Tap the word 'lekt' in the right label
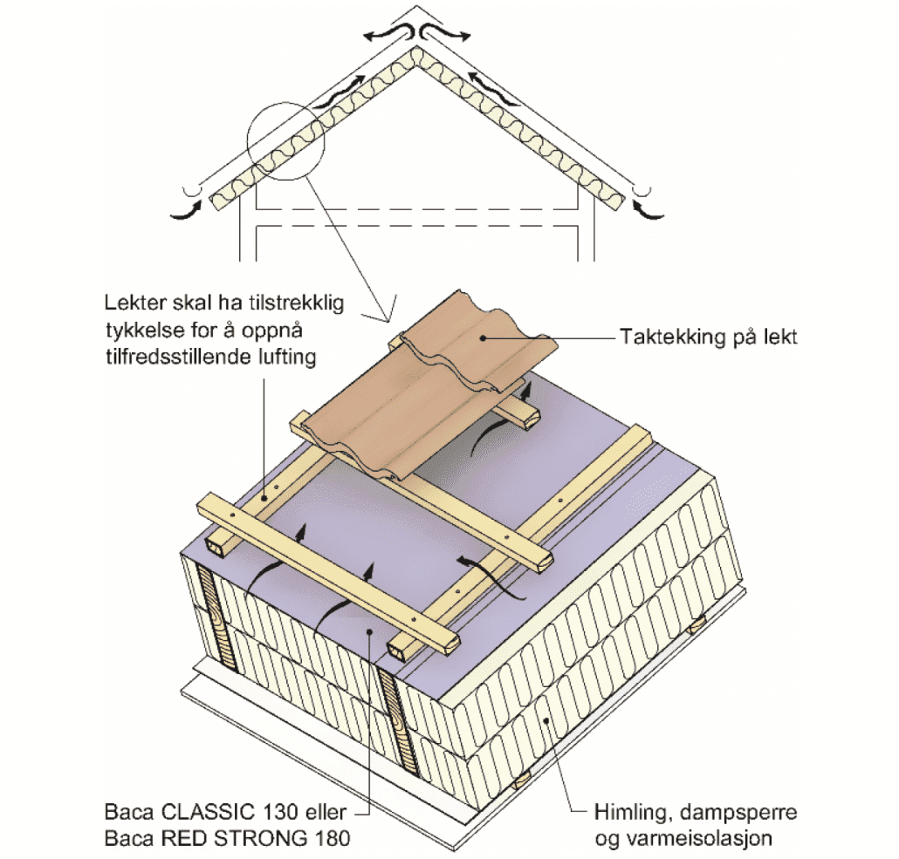(x=780, y=337)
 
